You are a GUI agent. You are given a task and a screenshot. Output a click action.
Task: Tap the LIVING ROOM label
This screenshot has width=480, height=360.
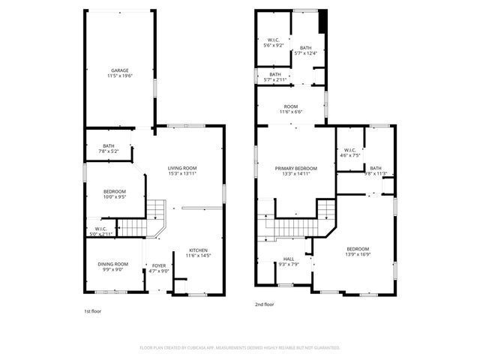coord(181,167)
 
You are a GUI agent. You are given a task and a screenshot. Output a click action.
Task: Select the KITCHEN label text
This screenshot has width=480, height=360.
coord(198,250)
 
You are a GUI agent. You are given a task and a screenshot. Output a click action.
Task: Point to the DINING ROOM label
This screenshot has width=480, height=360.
coord(111,264)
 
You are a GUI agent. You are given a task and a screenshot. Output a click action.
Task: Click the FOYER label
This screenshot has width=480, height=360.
coord(159,265)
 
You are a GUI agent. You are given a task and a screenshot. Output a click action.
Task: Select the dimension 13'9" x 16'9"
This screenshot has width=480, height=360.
coord(358,254)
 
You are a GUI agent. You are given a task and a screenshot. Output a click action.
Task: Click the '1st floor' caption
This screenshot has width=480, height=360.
coord(93,309)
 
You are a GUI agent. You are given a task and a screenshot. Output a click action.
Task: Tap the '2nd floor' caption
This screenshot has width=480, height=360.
coord(264,304)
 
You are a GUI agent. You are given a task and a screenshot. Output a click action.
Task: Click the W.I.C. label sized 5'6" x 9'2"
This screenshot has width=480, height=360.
coord(274,40)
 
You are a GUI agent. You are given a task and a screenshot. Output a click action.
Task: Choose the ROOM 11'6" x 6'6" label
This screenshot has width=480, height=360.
coord(291,106)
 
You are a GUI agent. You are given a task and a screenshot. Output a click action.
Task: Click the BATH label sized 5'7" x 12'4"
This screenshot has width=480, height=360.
coord(305,47)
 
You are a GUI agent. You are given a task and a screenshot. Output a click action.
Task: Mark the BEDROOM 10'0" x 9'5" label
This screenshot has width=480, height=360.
coord(115,191)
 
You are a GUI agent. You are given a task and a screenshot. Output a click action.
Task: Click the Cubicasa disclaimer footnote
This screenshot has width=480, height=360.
coord(240,347)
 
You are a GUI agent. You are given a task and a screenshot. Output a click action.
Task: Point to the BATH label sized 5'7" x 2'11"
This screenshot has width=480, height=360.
coord(275,74)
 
